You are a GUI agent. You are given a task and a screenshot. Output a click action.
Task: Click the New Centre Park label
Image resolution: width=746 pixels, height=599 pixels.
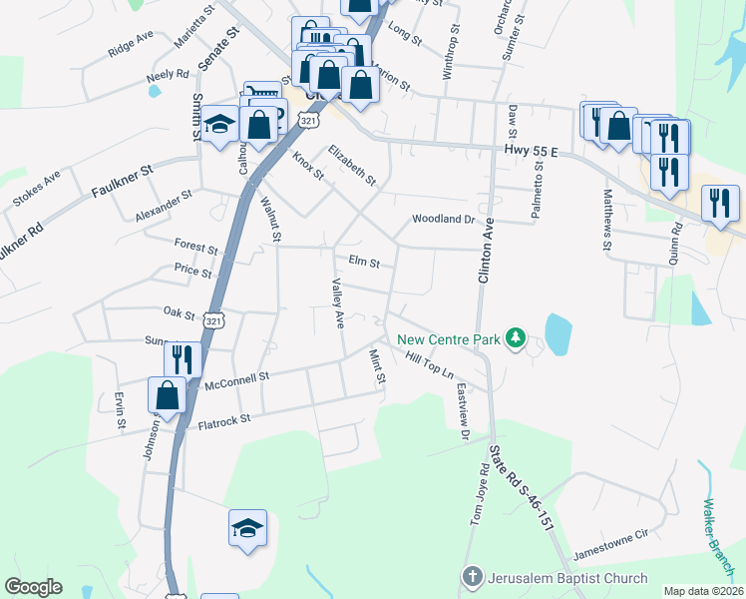[448, 339]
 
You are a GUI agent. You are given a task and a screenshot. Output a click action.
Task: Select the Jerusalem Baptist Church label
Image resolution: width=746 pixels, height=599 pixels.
[566, 578]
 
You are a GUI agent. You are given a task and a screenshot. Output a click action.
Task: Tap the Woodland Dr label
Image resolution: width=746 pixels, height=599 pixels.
[443, 219]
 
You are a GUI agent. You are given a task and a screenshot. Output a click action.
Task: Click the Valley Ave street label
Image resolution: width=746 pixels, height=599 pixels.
[337, 304]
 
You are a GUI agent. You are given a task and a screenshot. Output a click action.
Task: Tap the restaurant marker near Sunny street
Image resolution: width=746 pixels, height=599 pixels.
[183, 357]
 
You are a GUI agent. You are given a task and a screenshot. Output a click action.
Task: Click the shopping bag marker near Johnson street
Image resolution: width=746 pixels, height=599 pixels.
[167, 395]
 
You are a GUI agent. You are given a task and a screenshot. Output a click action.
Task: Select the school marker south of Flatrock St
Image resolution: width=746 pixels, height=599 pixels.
[247, 528]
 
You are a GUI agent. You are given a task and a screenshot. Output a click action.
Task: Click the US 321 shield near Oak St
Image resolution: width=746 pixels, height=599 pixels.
[212, 320]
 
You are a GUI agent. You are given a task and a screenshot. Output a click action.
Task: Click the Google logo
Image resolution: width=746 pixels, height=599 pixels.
[33, 587]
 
